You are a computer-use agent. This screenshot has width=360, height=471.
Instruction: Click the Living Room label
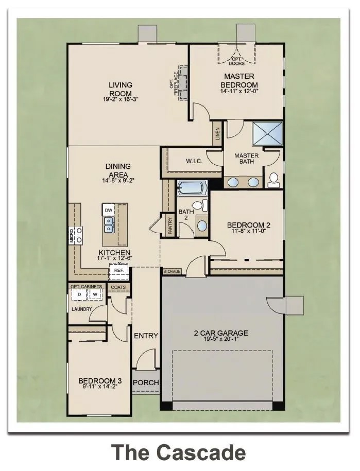coord(120,89)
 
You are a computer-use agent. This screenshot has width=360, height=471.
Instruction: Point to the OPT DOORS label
coord(237,60)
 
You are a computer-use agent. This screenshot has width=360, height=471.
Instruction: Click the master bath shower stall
coord(267,134)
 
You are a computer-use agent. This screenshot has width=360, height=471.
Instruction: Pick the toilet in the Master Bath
coord(273,179)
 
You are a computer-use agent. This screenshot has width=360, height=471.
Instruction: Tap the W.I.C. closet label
coord(194,162)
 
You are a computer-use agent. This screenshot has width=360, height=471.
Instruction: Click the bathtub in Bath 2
coord(192,188)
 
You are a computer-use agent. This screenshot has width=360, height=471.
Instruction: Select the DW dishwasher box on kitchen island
coord(108,211)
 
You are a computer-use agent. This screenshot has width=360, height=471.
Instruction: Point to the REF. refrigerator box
coord(118,270)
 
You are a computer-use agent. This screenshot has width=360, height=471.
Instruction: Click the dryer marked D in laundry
coord(79,294)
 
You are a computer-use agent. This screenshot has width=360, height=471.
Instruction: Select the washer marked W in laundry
coord(95,294)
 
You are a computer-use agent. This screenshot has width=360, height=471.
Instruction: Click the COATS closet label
coord(118,287)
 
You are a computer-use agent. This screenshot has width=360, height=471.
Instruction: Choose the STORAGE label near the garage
coord(172,271)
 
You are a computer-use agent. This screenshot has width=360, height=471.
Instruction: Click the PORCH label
coord(146,382)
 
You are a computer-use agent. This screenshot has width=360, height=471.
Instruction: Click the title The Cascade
coord(179,452)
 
